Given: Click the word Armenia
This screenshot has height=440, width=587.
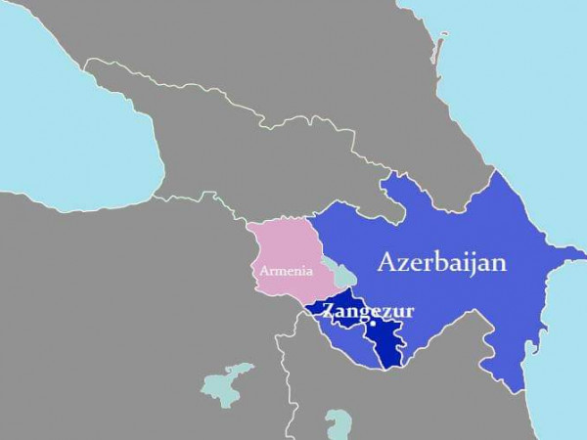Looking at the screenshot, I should coord(288,270).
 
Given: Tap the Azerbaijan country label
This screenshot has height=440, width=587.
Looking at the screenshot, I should coord(441,262).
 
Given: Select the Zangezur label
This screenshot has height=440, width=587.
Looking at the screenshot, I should coord(368,312).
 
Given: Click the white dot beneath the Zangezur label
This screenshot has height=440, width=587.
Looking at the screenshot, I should coord(373,323).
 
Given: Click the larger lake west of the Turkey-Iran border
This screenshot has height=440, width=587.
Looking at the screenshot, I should coord(226,382).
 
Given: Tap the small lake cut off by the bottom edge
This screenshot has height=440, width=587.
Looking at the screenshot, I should coord(339,428).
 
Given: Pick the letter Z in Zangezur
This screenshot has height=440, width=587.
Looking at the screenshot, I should coord(328,312).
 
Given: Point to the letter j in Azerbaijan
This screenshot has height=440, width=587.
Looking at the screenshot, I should coord(474,264).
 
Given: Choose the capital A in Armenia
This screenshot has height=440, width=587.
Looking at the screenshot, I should coord(264,270).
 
